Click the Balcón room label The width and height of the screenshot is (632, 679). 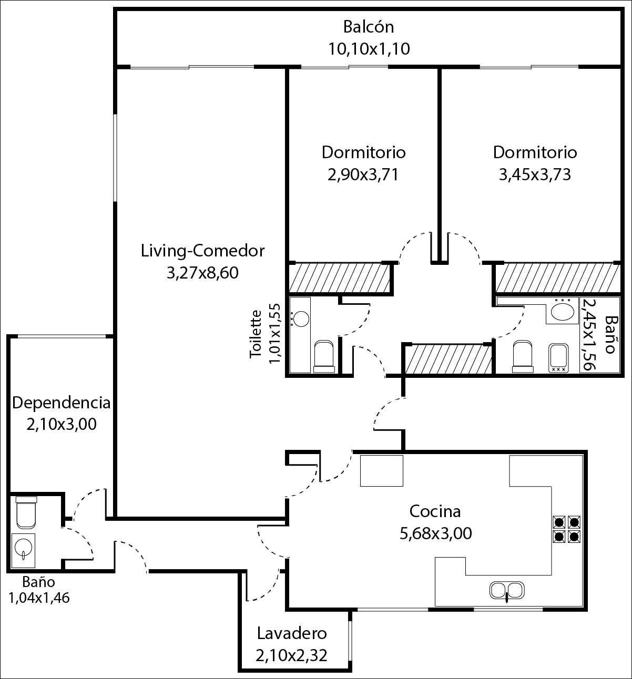pos(369,27)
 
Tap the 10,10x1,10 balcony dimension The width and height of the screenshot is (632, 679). pos(369,49)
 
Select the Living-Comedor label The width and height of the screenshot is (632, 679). pos(202,251)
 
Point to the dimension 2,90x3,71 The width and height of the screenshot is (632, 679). pos(363,174)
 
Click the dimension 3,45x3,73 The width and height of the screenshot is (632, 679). pos(535,174)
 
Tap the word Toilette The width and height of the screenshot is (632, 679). pos(256,334)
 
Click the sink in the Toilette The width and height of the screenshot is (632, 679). pos(300,319)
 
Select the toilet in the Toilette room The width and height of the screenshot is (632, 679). pos(324,356)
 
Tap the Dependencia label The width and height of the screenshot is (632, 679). pos(62,403)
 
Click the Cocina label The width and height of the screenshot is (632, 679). pos(435,512)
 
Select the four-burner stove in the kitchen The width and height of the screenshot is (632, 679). pos(566,529)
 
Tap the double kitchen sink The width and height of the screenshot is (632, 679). pos(507,591)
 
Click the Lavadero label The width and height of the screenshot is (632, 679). pos(292,633)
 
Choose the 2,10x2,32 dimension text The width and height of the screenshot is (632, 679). pos(291,655)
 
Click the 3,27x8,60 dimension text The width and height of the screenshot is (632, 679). pos(202,273)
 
